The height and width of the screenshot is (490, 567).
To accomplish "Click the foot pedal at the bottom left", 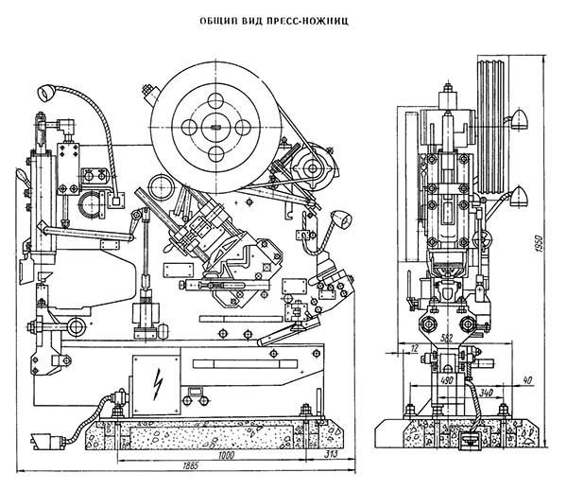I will tap(43, 439).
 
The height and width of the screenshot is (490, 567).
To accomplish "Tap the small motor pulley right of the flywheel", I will tap(316, 172).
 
